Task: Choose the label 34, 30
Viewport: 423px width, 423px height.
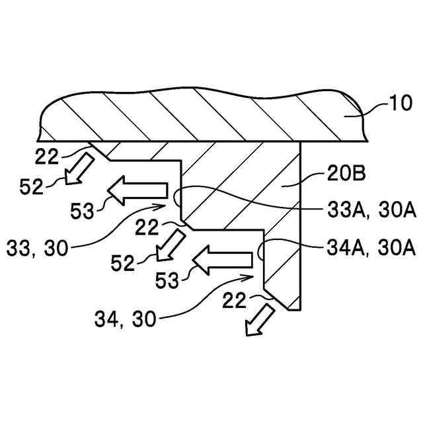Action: (x=126, y=320)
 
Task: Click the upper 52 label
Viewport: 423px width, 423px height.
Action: (x=32, y=187)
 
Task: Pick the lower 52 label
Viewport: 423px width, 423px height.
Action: (x=122, y=262)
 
